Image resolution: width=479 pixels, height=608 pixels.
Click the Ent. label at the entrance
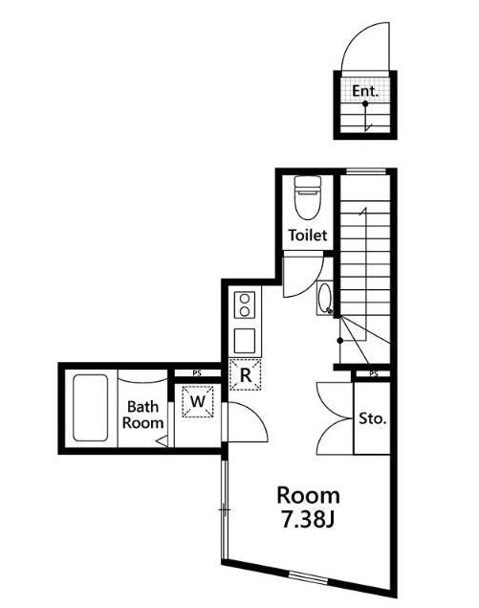pyautogui.click(x=365, y=91)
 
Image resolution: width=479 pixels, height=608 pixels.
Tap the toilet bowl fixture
pyautogui.click(x=308, y=198)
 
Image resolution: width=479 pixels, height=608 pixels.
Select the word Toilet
pyautogui.click(x=308, y=235)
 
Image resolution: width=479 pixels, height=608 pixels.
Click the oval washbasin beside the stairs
pyautogui.click(x=324, y=298)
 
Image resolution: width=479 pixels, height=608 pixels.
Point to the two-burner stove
pyautogui.click(x=245, y=305)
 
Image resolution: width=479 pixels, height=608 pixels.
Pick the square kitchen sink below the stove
pyautogui.click(x=245, y=341)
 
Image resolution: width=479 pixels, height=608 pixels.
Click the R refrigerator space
pyautogui.click(x=245, y=375)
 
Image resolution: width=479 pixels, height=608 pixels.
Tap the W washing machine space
pyautogui.click(x=198, y=402)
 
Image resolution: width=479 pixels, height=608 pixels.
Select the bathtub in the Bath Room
pyautogui.click(x=90, y=408)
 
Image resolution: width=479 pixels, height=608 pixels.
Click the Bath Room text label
pyautogui.click(x=142, y=415)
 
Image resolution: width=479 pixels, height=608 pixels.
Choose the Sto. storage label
pyautogui.click(x=373, y=418)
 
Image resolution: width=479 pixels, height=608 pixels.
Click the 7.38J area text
pyautogui.click(x=308, y=520)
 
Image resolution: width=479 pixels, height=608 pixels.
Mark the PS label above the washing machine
pyautogui.click(x=197, y=373)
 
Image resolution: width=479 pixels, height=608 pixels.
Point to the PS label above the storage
pyautogui.click(x=373, y=374)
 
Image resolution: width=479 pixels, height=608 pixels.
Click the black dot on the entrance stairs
pyautogui.click(x=365, y=104)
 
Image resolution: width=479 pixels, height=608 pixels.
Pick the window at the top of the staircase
pyautogui.click(x=366, y=171)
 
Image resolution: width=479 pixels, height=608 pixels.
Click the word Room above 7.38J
pyautogui.click(x=308, y=496)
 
